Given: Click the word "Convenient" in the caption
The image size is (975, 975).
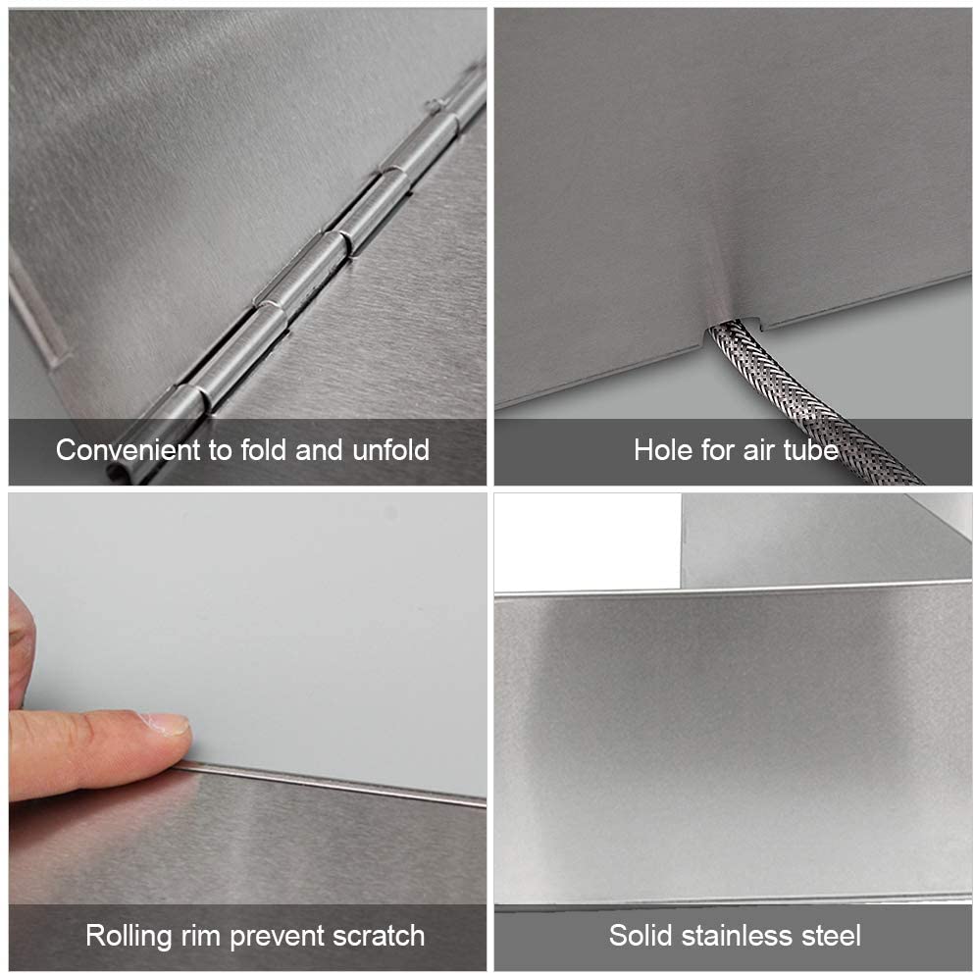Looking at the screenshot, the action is coord(128,450).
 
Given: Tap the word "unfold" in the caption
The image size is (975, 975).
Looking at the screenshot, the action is coord(391,450).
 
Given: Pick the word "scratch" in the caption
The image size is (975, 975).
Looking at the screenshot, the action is coord(379,936).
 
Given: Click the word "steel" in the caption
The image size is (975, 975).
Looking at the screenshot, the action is coord(832,935).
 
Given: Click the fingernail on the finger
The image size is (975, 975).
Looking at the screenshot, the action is coord(167,724).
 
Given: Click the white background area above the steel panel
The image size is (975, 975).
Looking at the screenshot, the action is coord(587,541).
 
